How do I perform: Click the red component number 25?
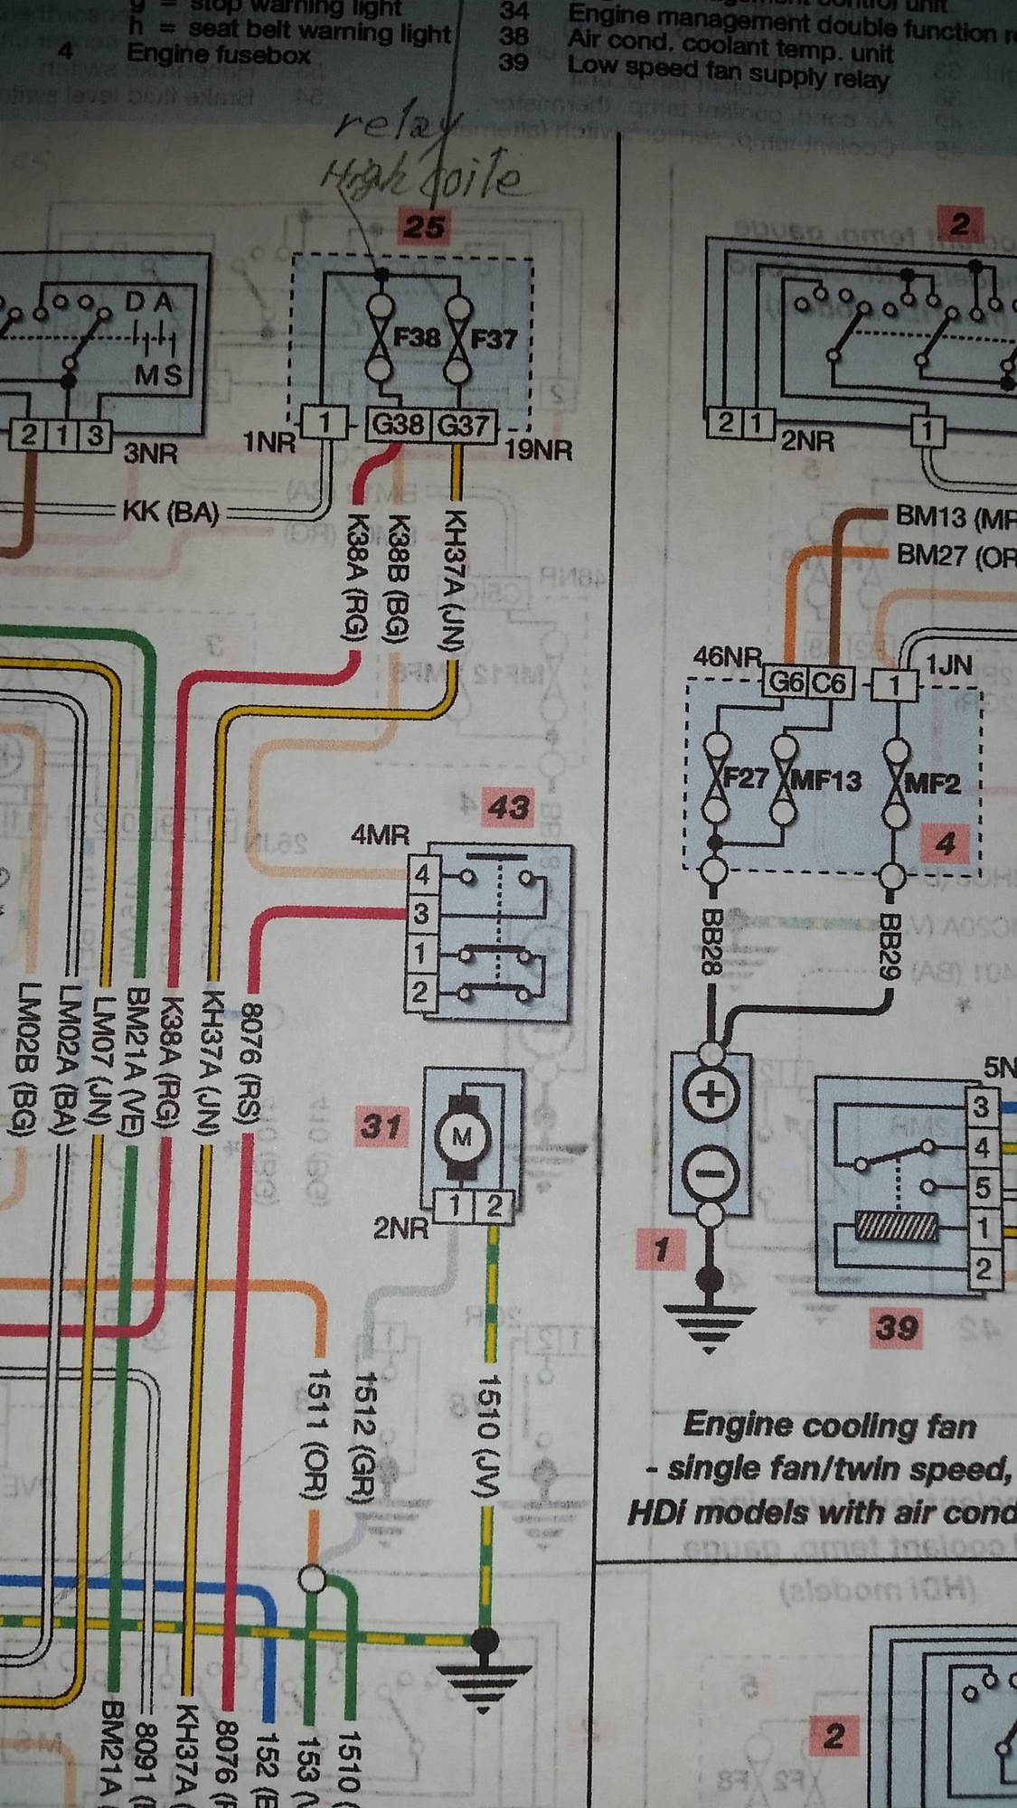click(423, 224)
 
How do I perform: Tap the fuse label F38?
click(416, 339)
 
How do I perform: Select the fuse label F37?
click(494, 339)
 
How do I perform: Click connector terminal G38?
click(399, 424)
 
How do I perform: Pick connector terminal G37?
click(463, 424)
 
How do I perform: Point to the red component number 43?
click(508, 806)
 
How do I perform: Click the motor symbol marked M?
click(462, 1136)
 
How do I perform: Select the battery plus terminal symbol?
click(710, 1098)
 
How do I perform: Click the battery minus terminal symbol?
click(710, 1174)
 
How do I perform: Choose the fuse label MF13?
click(824, 779)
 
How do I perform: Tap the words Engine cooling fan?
click(830, 1427)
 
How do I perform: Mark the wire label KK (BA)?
click(172, 513)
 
